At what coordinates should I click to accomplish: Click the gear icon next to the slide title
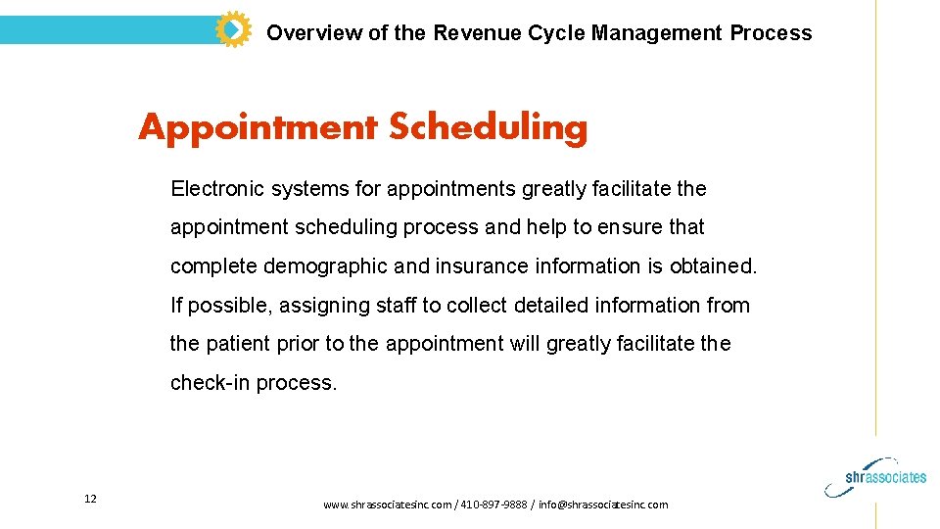pos(232,29)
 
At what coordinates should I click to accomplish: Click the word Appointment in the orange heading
pos(258,127)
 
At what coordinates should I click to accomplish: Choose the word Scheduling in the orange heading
pos(488,127)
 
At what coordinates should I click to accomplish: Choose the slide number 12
pos(90,500)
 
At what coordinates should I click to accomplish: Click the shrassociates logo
pos(885,475)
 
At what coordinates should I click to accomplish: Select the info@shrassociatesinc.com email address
pos(603,505)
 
